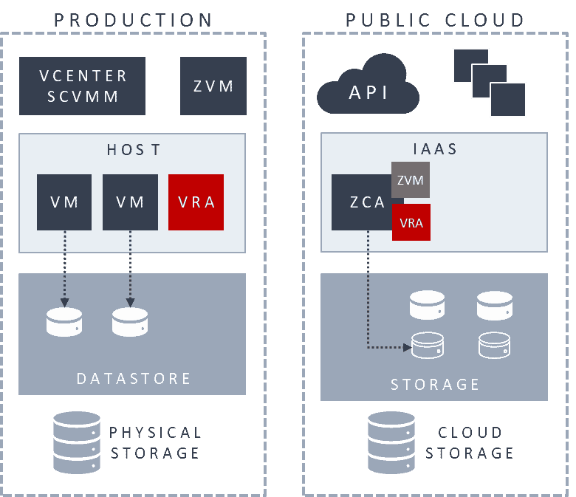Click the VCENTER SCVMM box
click(82, 86)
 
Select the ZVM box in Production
click(213, 86)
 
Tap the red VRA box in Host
click(196, 202)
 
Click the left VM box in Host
click(64, 202)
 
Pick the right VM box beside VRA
click(130, 202)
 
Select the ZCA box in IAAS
click(361, 202)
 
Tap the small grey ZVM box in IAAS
click(411, 179)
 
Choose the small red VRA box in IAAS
click(411, 222)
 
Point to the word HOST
click(134, 150)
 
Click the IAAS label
click(435, 149)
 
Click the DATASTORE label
click(134, 379)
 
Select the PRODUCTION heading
click(134, 20)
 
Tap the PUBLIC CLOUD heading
click(435, 20)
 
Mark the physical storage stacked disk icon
click(77, 442)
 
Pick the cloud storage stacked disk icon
click(391, 442)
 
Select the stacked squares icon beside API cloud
click(489, 82)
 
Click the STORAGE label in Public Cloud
click(435, 385)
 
